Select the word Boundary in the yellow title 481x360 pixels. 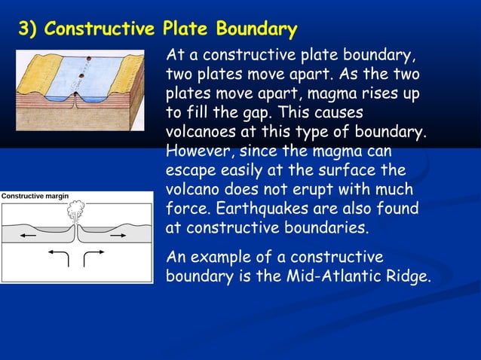pos(256,30)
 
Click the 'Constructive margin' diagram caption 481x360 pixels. pos(35,196)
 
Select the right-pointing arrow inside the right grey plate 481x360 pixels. pos(118,236)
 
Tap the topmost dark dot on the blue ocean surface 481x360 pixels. pos(91,59)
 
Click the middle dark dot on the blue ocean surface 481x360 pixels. pos(87,73)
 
